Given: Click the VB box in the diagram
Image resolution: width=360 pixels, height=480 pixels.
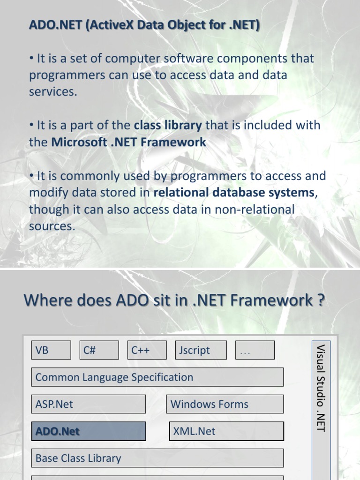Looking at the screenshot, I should (51, 350).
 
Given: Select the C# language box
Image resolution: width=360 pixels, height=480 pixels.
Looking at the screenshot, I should (99, 350).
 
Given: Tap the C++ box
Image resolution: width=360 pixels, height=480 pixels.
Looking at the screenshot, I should (147, 350).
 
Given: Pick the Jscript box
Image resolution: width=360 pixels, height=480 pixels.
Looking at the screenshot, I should (201, 350).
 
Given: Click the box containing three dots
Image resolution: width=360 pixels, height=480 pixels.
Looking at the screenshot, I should (255, 350).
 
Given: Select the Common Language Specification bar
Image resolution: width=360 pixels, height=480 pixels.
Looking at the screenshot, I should (157, 377).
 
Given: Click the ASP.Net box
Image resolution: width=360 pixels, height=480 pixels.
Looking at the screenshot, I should (89, 404).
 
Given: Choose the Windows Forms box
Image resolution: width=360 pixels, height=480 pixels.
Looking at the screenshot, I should (225, 404).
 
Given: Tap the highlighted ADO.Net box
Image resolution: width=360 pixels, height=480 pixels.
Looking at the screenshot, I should (89, 431).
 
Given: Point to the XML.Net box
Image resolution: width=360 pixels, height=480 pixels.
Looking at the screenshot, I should (226, 431).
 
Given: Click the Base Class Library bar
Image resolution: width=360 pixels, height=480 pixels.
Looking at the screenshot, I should (157, 458).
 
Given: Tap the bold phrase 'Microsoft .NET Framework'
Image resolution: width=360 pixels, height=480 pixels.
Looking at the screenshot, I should (128, 142).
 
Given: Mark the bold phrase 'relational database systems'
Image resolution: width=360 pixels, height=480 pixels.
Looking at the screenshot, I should (233, 193).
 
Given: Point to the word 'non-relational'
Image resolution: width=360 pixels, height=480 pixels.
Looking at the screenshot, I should (255, 210).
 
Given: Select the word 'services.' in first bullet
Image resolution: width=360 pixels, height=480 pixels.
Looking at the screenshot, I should (53, 92).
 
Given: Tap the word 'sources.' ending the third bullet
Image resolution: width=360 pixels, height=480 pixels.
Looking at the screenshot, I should (52, 226).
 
